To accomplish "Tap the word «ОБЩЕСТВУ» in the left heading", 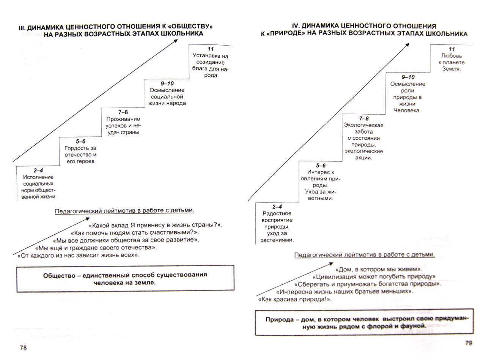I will pos(189,27).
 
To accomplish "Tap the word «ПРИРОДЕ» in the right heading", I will pos(278,34).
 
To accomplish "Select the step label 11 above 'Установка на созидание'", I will pos(211,49).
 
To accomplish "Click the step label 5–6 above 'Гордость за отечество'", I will pos(80,142).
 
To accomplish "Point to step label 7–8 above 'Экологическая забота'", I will pos(363,118).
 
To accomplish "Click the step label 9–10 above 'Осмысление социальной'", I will pos(167,84).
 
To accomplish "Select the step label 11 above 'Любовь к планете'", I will pos(451,49).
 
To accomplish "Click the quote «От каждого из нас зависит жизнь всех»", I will pos(79,255).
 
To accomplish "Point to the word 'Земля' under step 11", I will pos(451,69).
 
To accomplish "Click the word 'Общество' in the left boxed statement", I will pos(59,275).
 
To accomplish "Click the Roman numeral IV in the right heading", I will pos(295,26).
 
